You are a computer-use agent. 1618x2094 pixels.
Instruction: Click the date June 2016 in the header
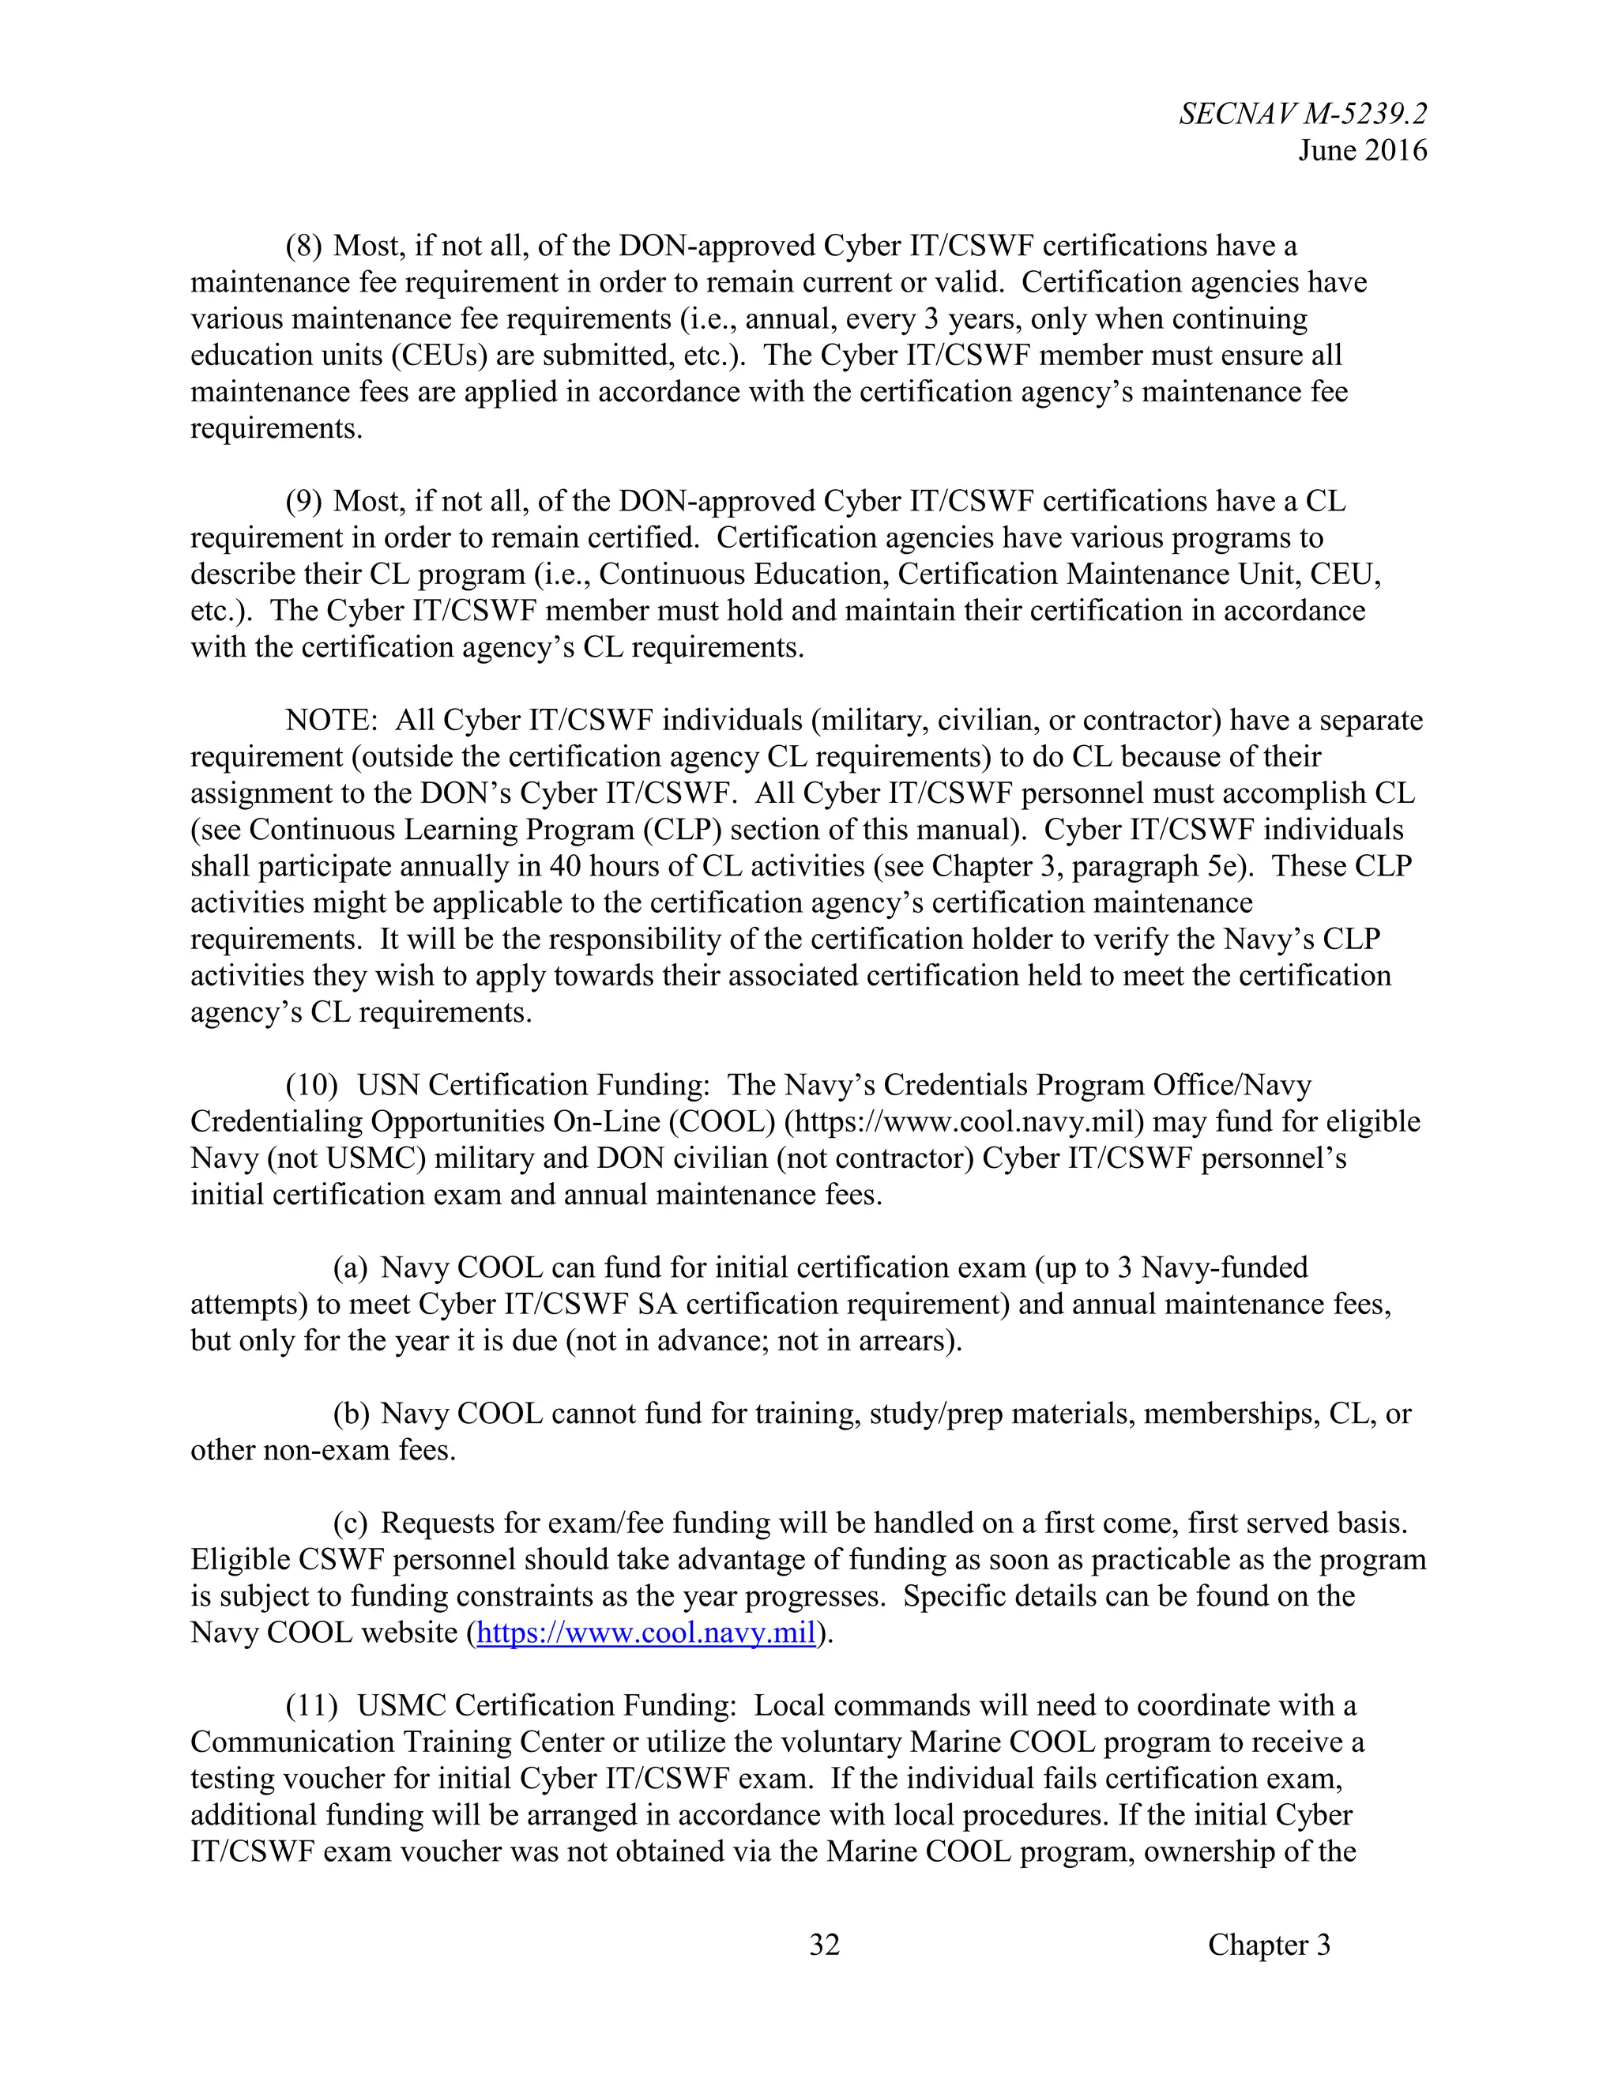1362,150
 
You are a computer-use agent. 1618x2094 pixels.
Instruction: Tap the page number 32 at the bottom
824,1945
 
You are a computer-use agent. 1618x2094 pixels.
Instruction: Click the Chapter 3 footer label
1269,1945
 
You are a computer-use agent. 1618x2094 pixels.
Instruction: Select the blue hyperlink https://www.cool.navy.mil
645,1633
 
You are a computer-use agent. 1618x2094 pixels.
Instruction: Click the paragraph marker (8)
304,247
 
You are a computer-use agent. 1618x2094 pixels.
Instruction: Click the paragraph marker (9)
304,502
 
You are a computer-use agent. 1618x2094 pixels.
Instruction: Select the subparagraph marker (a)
350,1267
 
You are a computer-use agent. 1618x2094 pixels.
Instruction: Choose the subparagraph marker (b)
351,1414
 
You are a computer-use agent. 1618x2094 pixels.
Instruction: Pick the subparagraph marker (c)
350,1523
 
